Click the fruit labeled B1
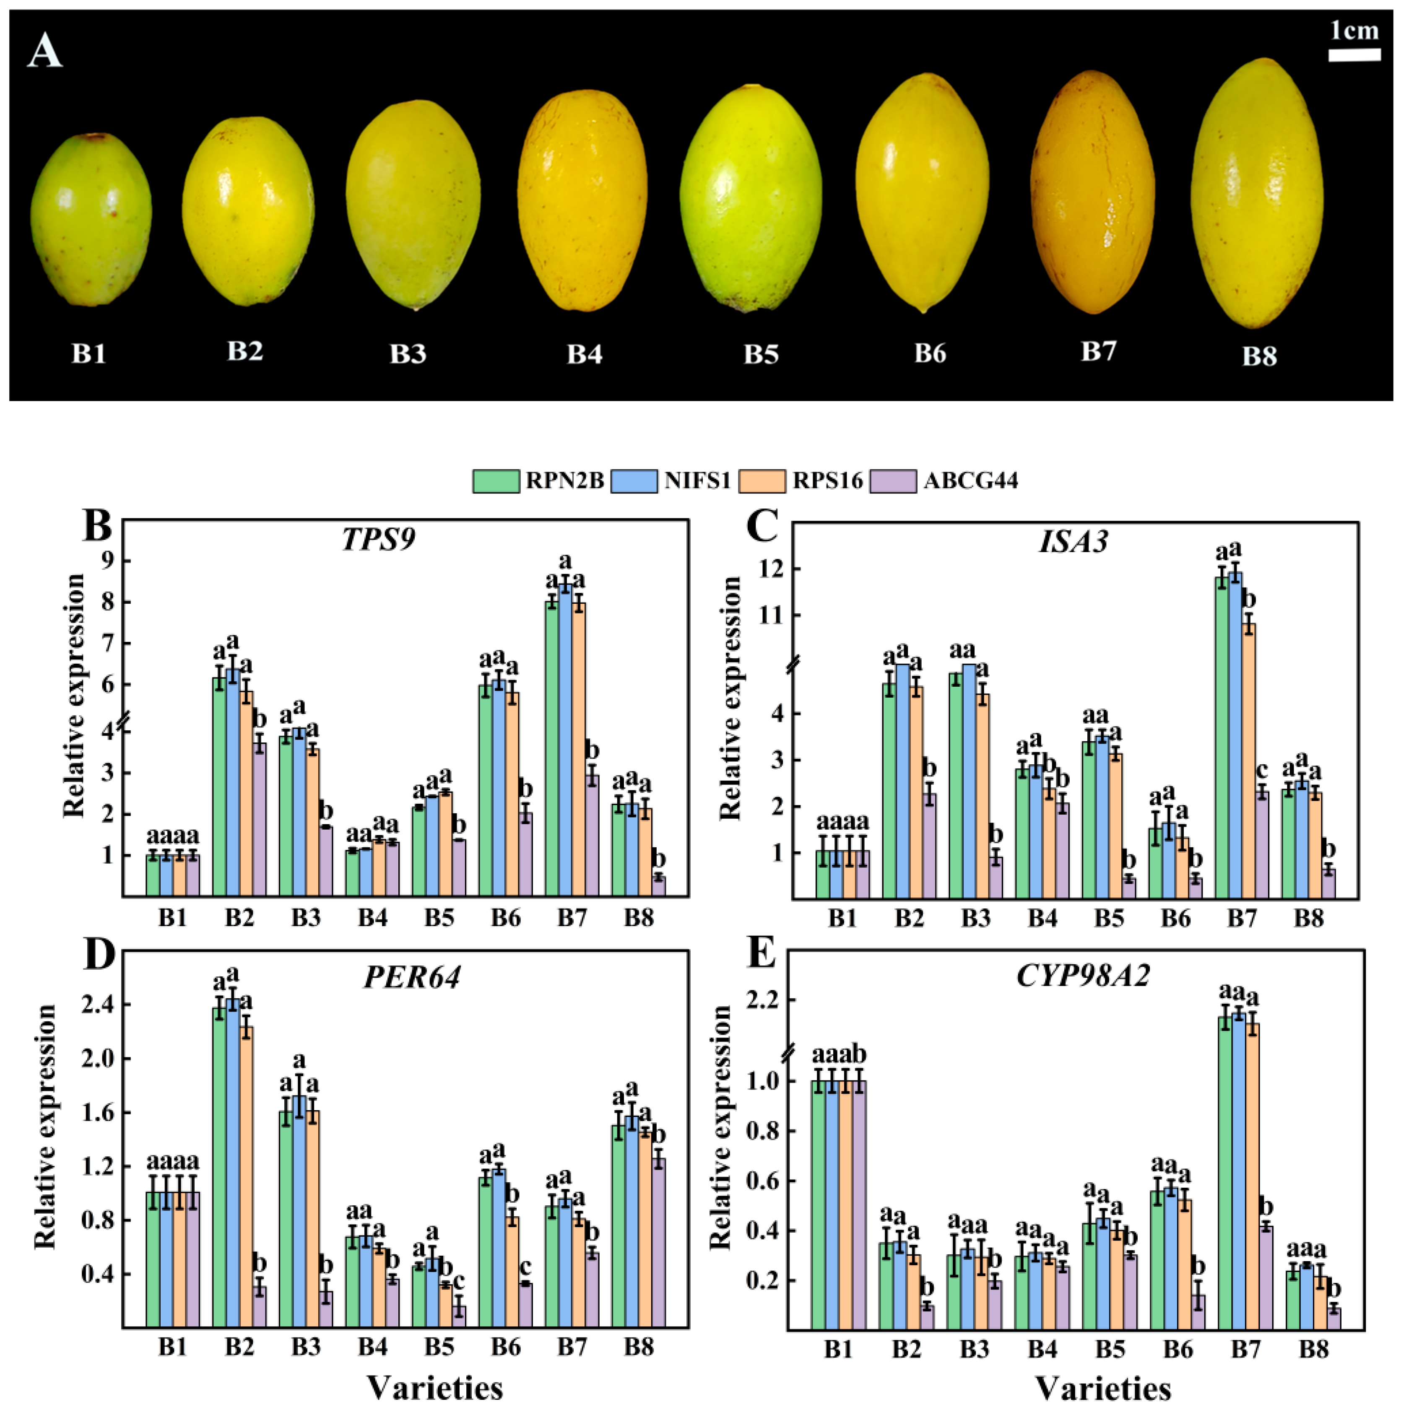pos(91,219)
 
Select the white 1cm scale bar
pos(1354,55)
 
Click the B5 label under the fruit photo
pos(761,354)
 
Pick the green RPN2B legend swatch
pos(496,481)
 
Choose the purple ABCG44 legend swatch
pos(893,481)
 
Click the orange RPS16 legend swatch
pos(762,481)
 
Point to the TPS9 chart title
pos(379,540)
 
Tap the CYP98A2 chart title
pos(1083,975)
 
